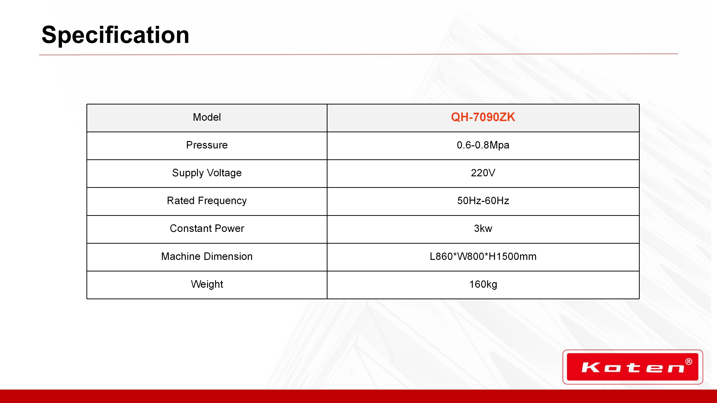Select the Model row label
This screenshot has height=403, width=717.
coord(207,117)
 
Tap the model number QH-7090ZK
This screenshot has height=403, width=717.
coord(483,117)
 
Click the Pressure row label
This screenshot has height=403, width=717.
coord(207,145)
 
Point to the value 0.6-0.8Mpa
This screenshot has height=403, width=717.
coord(483,145)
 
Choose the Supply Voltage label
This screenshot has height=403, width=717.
coord(207,173)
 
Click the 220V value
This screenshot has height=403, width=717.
coord(483,173)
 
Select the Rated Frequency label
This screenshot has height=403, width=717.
coord(207,201)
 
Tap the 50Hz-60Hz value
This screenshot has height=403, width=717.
coord(483,201)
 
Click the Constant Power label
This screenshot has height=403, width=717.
coord(207,228)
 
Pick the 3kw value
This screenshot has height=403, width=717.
coord(483,228)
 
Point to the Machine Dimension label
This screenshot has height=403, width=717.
coord(207,256)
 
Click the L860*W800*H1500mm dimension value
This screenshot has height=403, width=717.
coord(483,256)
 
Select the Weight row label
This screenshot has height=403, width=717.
coord(207,284)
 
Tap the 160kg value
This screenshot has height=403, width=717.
coord(483,284)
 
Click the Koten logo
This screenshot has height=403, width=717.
coord(633,367)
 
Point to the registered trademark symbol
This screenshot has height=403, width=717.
coord(689,362)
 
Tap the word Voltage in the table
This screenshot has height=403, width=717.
coord(224,173)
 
